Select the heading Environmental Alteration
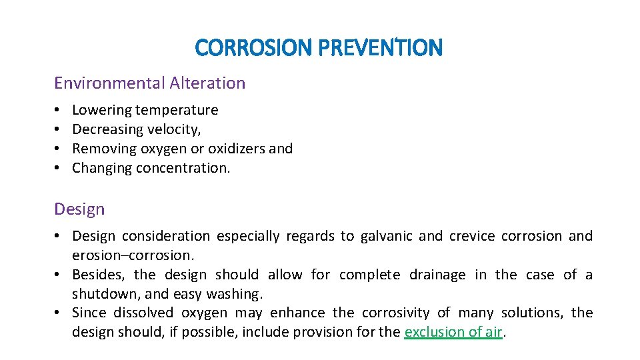pyautogui.click(x=149, y=83)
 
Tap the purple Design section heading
pyautogui.click(x=79, y=209)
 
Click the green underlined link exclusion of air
pyautogui.click(x=453, y=333)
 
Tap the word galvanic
pyautogui.click(x=386, y=236)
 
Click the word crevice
pyautogui.click(x=471, y=236)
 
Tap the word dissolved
pyautogui.click(x=143, y=313)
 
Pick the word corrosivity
pyautogui.click(x=396, y=313)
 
